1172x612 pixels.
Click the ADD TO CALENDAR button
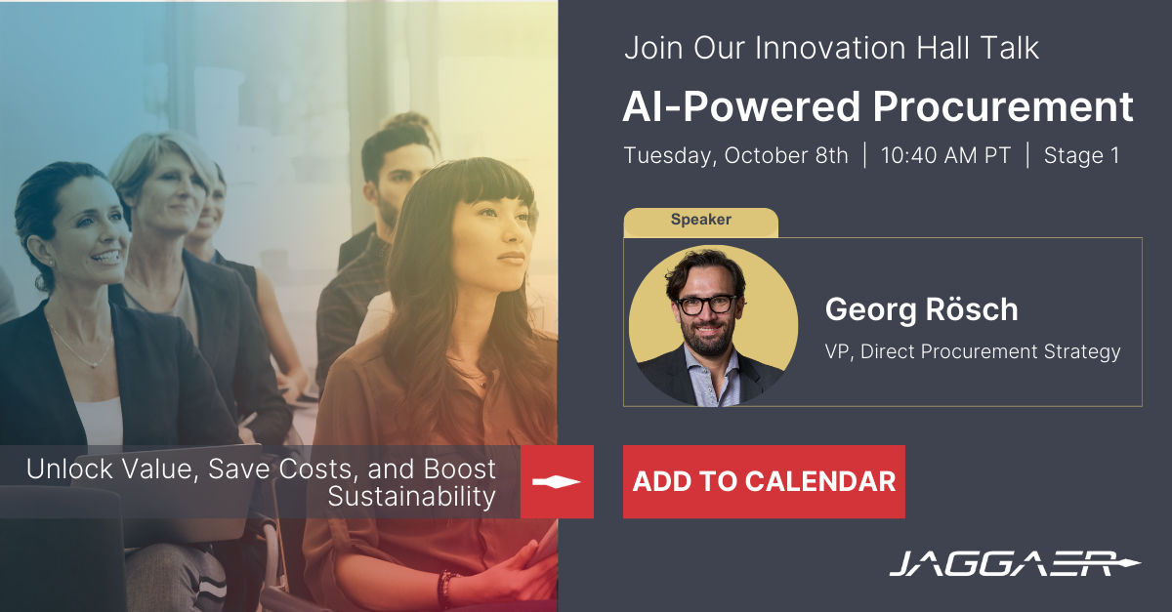click(x=764, y=482)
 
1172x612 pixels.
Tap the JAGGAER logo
click(x=1015, y=564)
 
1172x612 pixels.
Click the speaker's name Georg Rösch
click(x=921, y=309)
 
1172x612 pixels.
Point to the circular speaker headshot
click(x=713, y=325)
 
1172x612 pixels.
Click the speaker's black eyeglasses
click(x=706, y=305)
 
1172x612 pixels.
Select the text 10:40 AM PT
click(x=945, y=155)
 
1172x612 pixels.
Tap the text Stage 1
click(x=1081, y=155)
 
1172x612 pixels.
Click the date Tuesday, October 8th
click(x=735, y=156)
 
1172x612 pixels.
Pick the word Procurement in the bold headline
click(x=1002, y=106)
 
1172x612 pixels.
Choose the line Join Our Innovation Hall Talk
click(x=831, y=48)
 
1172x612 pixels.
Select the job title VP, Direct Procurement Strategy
click(x=973, y=351)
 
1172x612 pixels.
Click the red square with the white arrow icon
click(x=557, y=482)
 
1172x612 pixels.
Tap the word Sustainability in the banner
click(x=411, y=497)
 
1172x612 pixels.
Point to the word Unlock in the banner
click(x=69, y=469)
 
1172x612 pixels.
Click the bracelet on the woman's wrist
click(x=445, y=589)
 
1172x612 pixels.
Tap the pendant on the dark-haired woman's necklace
click(x=94, y=365)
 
